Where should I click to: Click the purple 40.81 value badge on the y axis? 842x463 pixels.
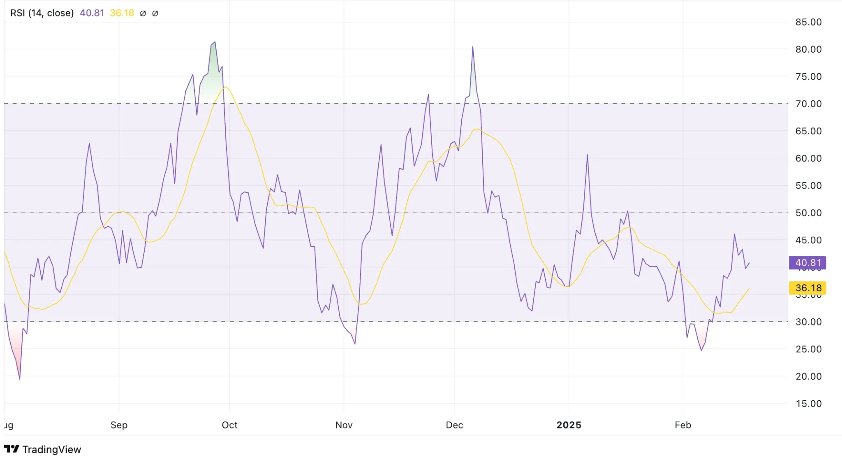[x=807, y=263]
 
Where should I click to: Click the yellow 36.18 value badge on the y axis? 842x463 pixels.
[x=807, y=288]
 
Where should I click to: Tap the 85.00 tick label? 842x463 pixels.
[x=808, y=22]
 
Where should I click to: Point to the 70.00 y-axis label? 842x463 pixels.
[x=808, y=104]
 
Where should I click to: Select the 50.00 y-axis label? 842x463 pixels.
[x=808, y=213]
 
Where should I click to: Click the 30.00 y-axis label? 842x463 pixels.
[x=808, y=322]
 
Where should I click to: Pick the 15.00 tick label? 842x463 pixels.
[x=808, y=404]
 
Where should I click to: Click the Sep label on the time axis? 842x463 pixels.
[x=119, y=425]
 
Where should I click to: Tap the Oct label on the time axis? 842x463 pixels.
[x=229, y=425]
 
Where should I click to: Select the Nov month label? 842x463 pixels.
[x=344, y=425]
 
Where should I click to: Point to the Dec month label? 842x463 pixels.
[x=454, y=425]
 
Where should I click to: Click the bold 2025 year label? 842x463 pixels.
[x=569, y=425]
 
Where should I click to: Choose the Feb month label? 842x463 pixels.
[x=683, y=425]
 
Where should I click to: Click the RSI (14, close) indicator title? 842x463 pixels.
[x=42, y=13]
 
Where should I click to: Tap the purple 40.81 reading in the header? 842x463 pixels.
[x=92, y=13]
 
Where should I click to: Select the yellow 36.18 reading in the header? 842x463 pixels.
[x=122, y=13]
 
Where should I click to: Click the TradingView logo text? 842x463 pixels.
[x=51, y=449]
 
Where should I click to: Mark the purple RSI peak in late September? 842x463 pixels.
[x=215, y=42]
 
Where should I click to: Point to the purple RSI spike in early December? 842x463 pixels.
[x=473, y=47]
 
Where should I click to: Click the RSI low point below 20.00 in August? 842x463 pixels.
[x=20, y=378]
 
